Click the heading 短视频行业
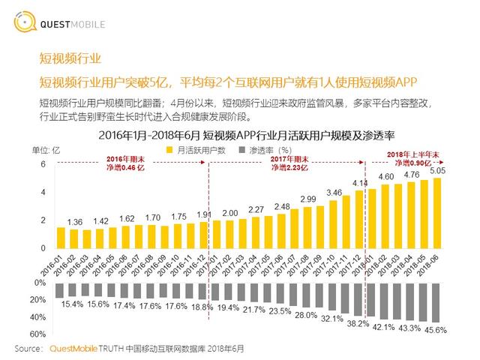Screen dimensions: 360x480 [x=70, y=59]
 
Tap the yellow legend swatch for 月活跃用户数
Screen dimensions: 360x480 [x=169, y=150]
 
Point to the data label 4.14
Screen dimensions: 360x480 [x=359, y=184]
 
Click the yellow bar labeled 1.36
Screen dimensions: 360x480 [x=74, y=238]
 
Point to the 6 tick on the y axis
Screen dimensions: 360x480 [x=43, y=164]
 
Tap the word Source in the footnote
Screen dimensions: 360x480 [x=28, y=349]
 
